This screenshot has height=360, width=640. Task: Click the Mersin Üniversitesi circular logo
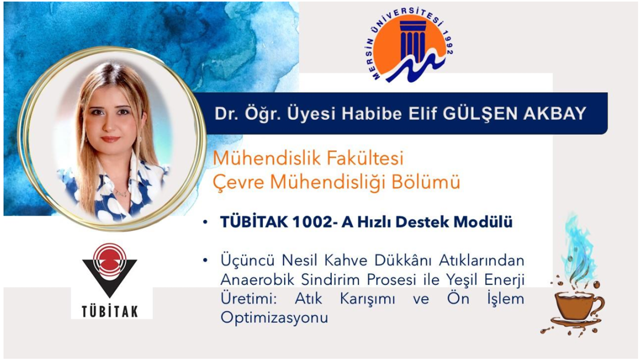[x=411, y=47]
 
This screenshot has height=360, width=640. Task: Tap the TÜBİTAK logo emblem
[x=109, y=270]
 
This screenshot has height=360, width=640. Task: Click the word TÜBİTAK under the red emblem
[x=110, y=311]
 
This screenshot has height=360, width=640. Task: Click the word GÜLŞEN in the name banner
[x=480, y=113]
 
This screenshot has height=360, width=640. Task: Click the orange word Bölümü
[x=425, y=181]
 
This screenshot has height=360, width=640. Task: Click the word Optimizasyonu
[x=274, y=317]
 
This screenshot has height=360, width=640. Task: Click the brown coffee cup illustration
[x=574, y=311]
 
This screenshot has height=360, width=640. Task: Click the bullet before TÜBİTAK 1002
[x=205, y=222]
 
